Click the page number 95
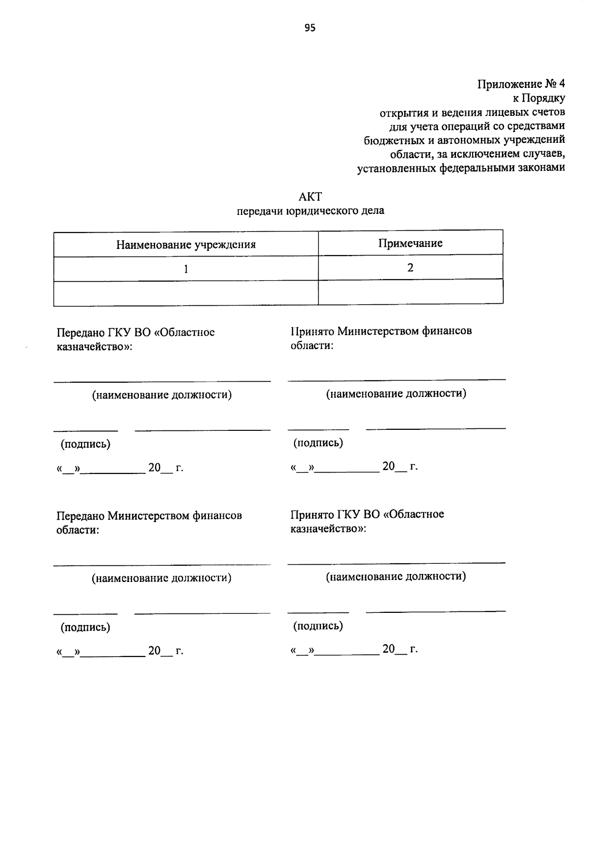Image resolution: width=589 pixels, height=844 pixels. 310,28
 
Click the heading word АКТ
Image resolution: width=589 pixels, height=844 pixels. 310,197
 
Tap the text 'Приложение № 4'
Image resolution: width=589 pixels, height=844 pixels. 521,84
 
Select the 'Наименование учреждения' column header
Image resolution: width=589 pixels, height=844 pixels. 186,244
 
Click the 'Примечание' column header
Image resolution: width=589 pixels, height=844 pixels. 410,243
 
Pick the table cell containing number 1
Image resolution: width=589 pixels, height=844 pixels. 186,269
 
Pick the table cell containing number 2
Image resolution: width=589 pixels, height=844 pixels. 410,267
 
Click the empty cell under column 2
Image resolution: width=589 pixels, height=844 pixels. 410,292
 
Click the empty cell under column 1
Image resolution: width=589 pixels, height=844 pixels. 186,293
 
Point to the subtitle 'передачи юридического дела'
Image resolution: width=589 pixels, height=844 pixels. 310,211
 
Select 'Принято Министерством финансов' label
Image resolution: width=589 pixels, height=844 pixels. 381,331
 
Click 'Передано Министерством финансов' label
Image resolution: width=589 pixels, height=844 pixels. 149,516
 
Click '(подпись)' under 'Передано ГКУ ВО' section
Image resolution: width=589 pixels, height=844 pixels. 85,444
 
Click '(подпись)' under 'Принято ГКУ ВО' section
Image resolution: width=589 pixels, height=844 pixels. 318,626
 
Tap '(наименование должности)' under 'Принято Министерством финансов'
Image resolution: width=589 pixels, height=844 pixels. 396,394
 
